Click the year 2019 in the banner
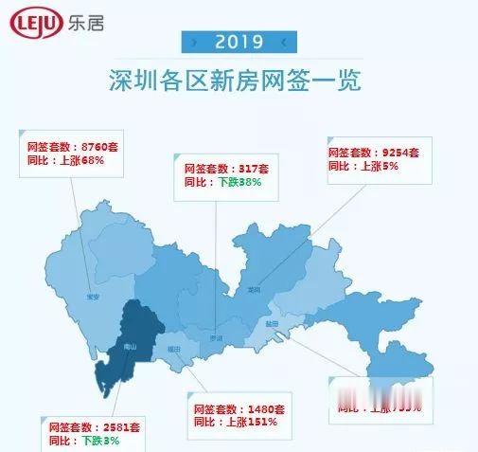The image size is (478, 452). (x=239, y=42)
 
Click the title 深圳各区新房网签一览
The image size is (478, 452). (x=238, y=80)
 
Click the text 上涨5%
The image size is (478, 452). (x=376, y=165)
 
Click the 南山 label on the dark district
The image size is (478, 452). (x=131, y=348)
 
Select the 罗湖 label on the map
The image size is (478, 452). (x=217, y=337)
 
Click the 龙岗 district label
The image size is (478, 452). (x=252, y=290)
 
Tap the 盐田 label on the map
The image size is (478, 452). (x=273, y=324)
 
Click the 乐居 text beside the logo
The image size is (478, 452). (x=85, y=24)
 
